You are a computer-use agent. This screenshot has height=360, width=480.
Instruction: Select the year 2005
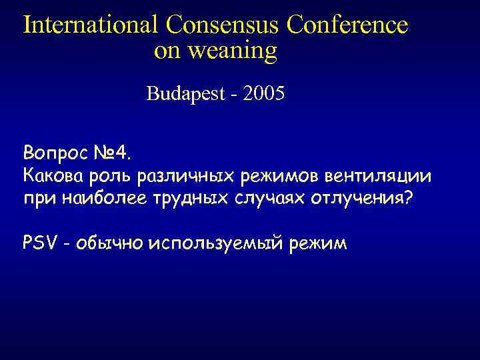click(x=265, y=94)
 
